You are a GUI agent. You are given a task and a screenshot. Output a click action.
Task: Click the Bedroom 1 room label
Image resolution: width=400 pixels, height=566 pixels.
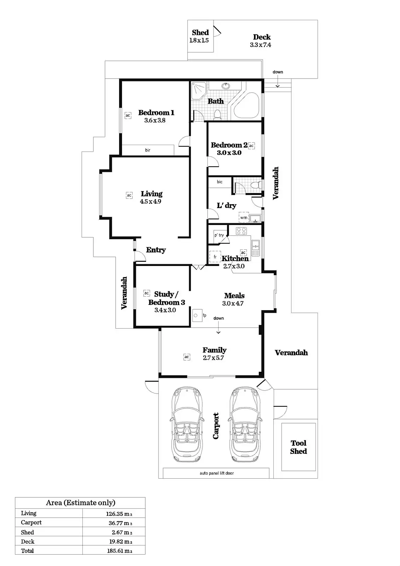point(156,112)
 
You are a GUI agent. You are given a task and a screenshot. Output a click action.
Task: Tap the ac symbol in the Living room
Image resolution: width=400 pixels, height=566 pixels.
point(129,195)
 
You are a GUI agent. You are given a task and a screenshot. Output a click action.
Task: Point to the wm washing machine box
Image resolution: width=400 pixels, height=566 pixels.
point(244,217)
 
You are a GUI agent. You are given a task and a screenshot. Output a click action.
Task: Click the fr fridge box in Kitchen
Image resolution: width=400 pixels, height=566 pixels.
point(215,257)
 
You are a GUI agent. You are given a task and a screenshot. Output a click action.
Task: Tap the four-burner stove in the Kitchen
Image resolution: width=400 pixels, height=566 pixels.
point(242,231)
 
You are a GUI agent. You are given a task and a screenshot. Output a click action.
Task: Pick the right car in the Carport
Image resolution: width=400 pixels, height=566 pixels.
point(245,424)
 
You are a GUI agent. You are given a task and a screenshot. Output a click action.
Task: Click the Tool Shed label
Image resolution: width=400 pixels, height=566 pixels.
point(298,447)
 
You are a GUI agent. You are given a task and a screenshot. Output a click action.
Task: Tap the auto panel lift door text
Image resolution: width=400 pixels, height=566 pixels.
point(216,473)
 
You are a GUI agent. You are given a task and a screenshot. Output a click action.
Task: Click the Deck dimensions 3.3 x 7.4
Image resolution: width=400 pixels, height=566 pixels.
point(261,45)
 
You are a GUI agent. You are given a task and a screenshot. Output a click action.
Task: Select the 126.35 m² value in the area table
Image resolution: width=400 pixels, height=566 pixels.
point(121,513)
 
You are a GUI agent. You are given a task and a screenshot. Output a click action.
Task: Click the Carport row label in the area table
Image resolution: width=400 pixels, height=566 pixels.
point(31,522)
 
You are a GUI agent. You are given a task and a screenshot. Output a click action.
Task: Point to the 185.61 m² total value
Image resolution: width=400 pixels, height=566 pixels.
point(120,550)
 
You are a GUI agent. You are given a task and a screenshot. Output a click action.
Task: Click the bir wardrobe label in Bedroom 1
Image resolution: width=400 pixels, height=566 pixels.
point(147,150)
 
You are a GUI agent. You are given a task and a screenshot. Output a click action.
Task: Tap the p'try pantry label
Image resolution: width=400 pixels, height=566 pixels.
point(219,235)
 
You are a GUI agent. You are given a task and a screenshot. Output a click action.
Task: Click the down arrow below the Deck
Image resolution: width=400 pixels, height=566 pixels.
point(278,85)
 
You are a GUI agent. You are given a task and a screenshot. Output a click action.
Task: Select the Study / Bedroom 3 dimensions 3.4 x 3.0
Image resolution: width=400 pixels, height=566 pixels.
point(165,310)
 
